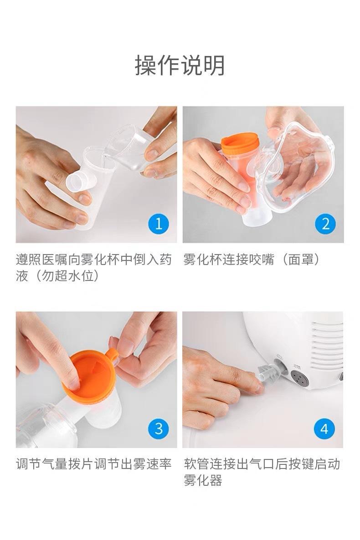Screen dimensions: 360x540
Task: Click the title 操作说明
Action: pos(180,65)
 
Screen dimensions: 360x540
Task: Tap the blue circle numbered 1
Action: pos(159,224)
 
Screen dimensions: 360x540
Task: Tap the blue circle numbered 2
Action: pos(326,224)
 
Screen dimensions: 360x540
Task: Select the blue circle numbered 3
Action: pos(159,429)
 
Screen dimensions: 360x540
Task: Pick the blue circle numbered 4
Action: pos(324,429)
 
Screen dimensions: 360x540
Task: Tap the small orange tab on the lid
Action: pos(113,356)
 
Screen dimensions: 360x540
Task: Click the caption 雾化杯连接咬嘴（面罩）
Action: pos(252,260)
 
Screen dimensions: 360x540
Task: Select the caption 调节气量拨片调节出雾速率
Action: pos(94,464)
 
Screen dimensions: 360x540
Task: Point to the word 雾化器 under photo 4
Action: pos(203,480)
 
